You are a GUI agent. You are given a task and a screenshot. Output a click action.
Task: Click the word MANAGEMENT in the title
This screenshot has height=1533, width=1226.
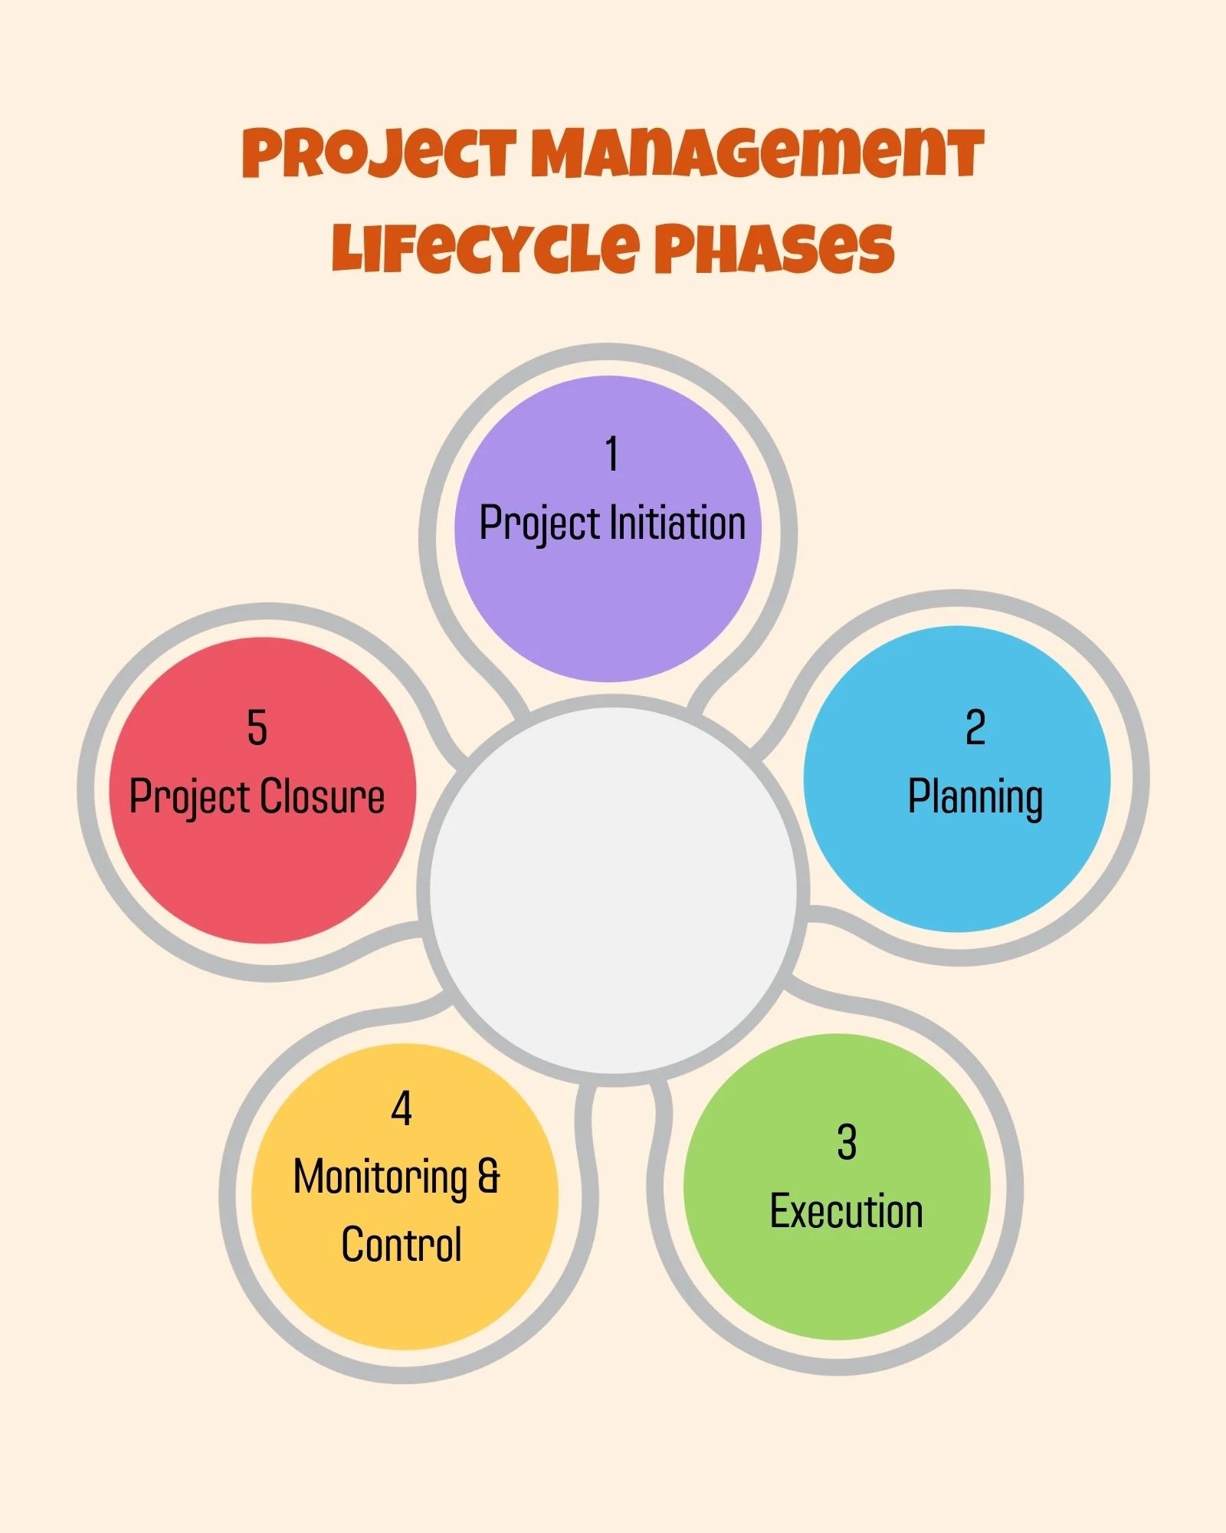click(x=756, y=153)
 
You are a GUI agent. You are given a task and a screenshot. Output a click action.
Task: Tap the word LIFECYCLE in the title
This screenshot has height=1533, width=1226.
click(x=484, y=248)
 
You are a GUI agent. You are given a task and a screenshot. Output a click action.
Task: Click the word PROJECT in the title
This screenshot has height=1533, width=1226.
click(x=379, y=153)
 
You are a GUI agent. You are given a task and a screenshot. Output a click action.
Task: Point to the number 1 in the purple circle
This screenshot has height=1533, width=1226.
click(x=611, y=454)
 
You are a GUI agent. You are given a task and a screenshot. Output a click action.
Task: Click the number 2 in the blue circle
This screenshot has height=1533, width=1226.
click(x=975, y=727)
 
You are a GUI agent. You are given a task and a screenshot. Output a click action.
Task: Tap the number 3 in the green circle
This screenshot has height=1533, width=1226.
click(x=846, y=1142)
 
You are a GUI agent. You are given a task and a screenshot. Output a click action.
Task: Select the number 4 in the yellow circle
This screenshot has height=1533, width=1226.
click(x=402, y=1108)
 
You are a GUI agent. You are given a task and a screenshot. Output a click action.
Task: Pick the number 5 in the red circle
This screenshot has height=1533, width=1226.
click(x=257, y=727)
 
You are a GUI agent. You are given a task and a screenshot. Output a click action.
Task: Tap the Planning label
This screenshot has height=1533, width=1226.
click(x=975, y=797)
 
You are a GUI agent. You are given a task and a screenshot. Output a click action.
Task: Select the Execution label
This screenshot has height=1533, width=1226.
click(x=846, y=1211)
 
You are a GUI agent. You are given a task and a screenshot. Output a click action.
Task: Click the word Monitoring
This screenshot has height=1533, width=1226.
click(x=380, y=1177)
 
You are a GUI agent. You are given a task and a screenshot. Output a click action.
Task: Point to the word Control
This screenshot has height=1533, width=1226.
click(x=402, y=1244)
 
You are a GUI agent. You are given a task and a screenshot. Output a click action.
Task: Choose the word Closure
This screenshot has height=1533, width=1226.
click(x=320, y=796)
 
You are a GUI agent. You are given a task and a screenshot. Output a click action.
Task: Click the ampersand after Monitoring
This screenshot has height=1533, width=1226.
click(x=489, y=1177)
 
